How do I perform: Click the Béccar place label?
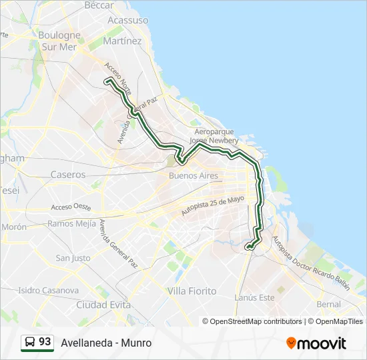[99, 5]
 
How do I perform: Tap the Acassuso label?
[127, 21]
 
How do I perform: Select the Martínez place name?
[122, 41]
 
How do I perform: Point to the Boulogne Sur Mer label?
[59, 41]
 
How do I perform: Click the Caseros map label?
[68, 175]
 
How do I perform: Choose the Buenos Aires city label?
[194, 176]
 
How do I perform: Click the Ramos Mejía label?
[72, 223]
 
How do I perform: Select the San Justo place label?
[73, 258]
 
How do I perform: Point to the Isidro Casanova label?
[48, 291]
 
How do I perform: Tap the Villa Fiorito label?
[192, 291]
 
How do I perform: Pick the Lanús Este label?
[255, 297]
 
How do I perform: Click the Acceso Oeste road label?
[71, 207]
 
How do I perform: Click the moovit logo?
[316, 343]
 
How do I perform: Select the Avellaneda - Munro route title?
[106, 343]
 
